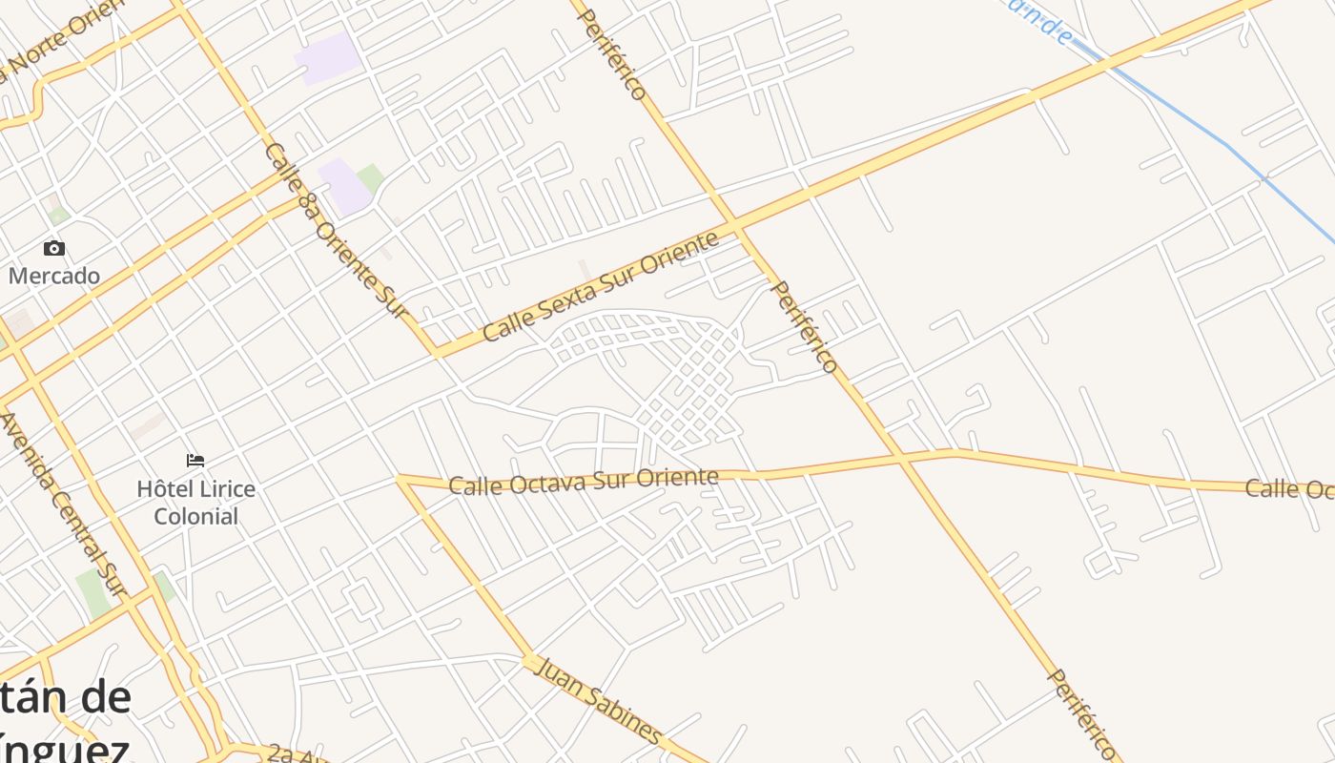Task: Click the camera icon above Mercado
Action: pos(54,249)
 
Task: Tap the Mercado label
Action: pos(54,277)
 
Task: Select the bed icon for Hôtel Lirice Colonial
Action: pos(195,461)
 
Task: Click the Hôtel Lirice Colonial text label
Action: pos(195,503)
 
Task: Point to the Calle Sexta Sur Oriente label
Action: pos(600,286)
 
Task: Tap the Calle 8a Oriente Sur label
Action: pos(335,230)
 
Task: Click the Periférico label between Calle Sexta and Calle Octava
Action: pos(804,326)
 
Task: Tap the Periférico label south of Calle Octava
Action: pos(1081,713)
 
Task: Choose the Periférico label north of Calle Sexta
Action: pos(613,54)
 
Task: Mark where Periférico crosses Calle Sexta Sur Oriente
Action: pos(735,226)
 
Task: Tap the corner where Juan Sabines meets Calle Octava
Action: pos(401,479)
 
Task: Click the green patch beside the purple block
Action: pos(370,177)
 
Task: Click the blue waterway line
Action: pos(1230,148)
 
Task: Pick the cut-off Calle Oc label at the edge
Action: pos(1289,489)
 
